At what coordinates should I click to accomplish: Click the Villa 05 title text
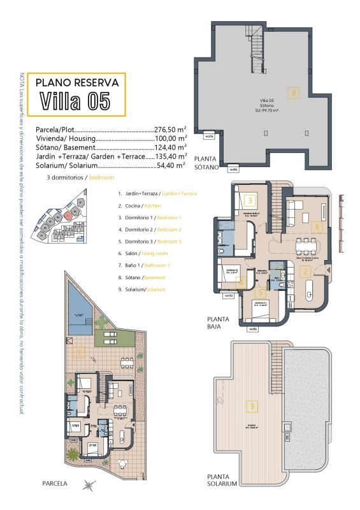75,101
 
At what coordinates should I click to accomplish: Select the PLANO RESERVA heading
77,83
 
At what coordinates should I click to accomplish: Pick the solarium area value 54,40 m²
171,164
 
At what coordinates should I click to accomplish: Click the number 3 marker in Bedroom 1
251,200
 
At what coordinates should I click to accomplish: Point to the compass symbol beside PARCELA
89,485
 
